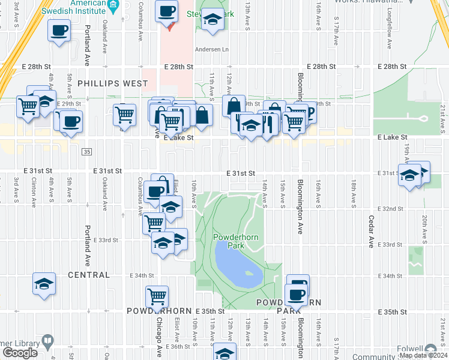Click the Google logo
click(20, 352)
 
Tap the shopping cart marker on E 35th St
click(157, 296)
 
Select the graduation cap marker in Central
click(44, 283)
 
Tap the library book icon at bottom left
click(47, 343)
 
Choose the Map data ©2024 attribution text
click(423, 355)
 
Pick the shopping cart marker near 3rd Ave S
click(28, 106)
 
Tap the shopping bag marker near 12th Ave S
click(233, 106)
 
